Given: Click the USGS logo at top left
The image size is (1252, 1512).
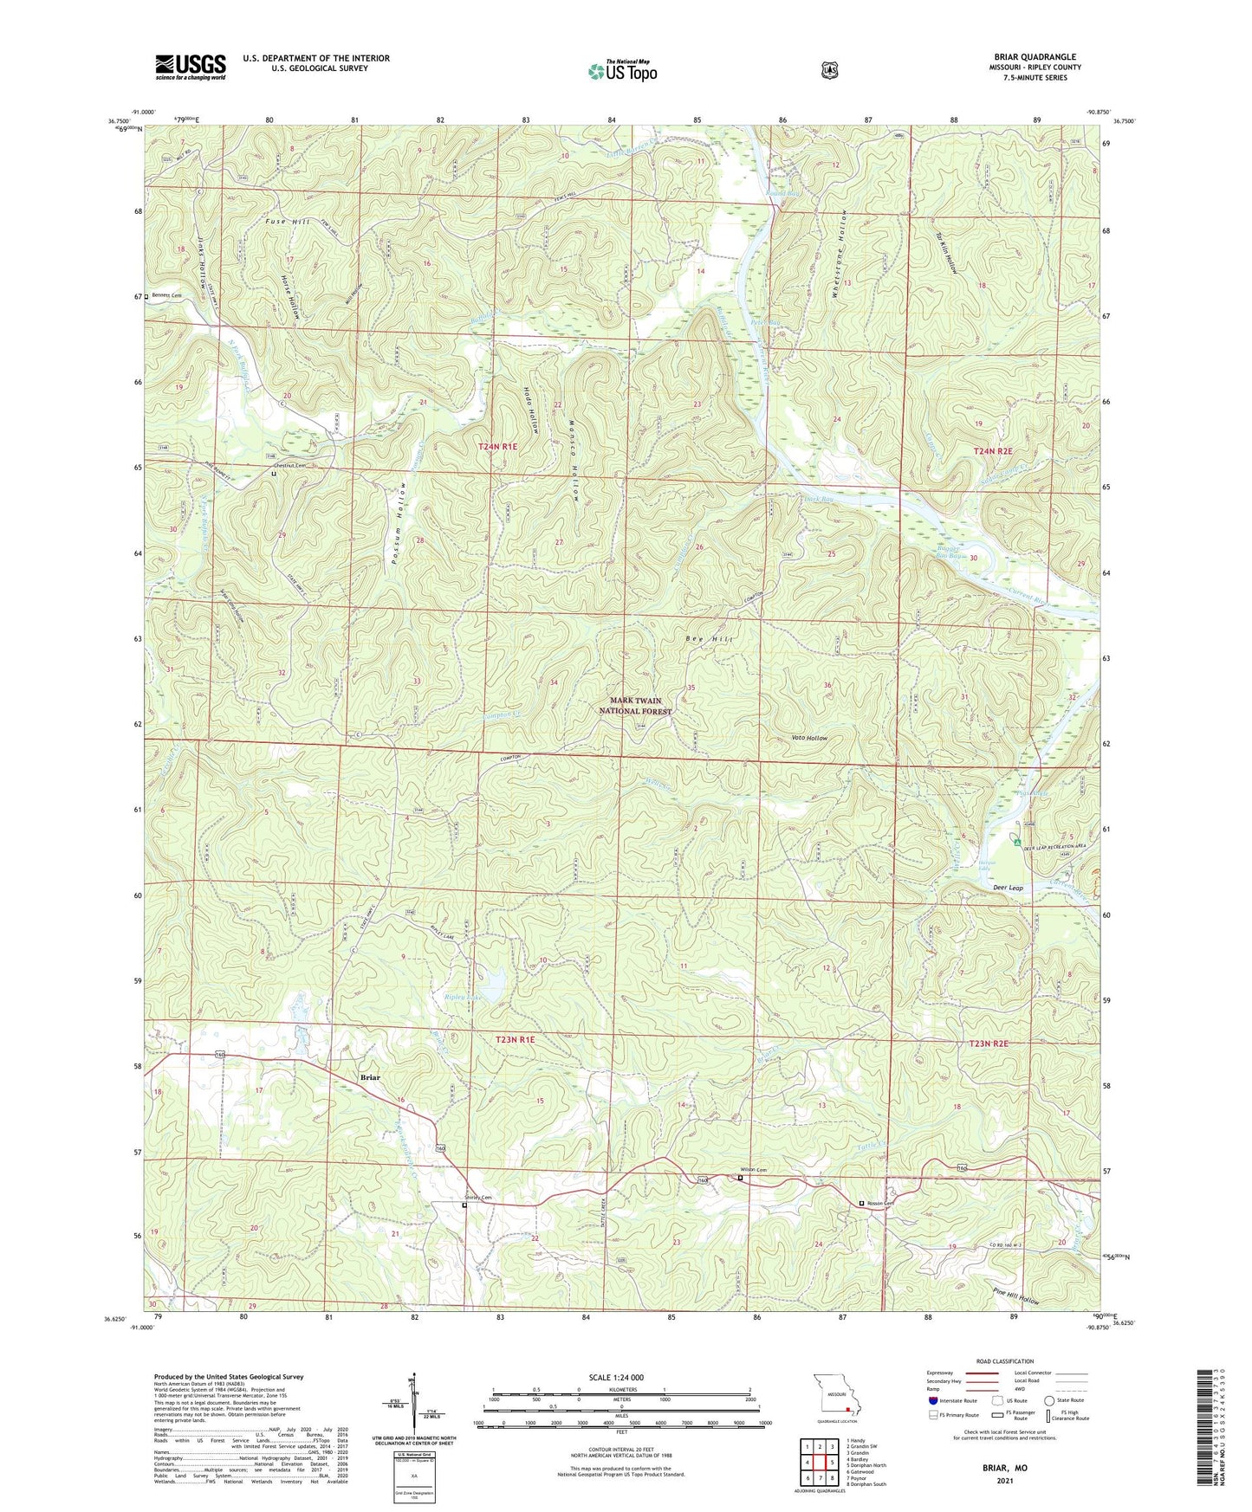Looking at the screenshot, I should click(x=191, y=66).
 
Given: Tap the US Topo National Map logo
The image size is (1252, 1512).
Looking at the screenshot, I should click(x=621, y=71).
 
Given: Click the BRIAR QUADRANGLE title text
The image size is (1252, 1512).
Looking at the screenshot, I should click(x=1035, y=57).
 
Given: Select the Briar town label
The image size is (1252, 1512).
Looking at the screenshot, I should click(x=370, y=1077).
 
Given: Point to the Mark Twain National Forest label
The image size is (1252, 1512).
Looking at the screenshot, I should click(x=635, y=706).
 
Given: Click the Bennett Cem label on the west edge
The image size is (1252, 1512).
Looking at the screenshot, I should click(x=165, y=295).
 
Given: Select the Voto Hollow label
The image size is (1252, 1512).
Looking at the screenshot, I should click(x=810, y=738).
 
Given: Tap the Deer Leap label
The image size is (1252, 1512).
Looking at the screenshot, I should click(x=1008, y=888).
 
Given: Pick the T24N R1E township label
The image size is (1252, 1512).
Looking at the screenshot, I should click(x=497, y=447).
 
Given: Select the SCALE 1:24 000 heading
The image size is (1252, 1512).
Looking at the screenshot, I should click(x=616, y=1378).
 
